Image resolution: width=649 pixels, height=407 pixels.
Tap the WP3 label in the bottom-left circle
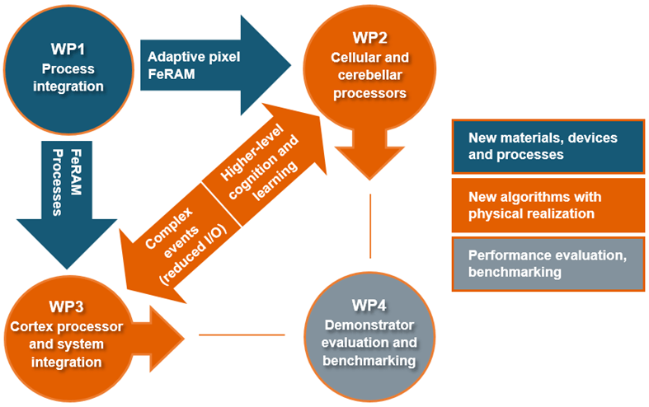coord(63,307)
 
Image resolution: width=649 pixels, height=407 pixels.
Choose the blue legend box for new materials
coord(548,146)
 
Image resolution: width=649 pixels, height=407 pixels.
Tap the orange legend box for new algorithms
coord(548,205)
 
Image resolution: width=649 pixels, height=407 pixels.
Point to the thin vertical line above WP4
coord(370,218)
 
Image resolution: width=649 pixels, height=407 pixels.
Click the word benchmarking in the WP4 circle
coord(369,361)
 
